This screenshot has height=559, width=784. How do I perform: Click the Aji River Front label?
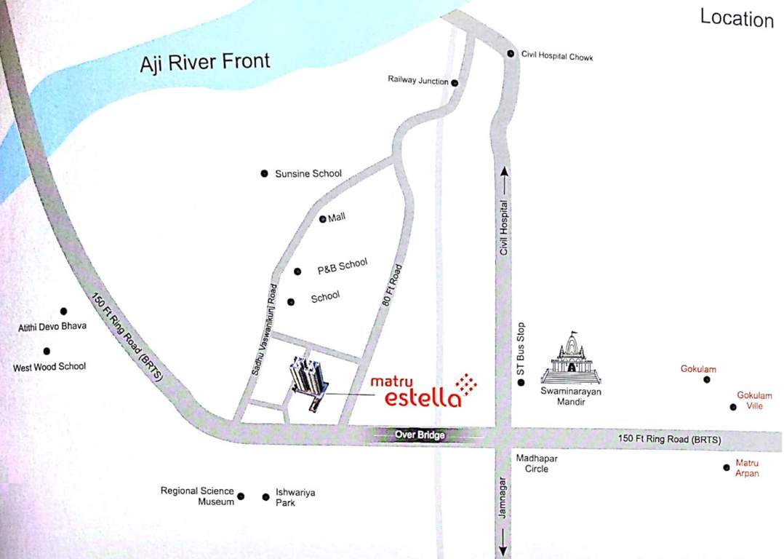point(205,62)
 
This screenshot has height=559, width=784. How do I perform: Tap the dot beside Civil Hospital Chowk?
point(511,54)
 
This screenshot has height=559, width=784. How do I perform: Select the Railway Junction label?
point(418,81)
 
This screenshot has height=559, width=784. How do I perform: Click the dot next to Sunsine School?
point(264,173)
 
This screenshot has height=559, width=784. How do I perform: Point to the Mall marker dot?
point(323,219)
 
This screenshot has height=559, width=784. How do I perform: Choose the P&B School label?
point(343,266)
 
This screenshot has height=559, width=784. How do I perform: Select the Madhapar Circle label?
point(532,464)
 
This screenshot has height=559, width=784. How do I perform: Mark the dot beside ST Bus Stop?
point(521,382)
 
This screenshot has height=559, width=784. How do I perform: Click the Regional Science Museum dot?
point(241,496)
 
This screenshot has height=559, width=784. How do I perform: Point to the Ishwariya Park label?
point(295,497)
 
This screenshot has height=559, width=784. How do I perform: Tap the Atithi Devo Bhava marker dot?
point(63,312)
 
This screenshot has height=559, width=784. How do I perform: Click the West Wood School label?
point(49,367)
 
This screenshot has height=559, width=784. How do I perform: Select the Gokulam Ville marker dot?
point(733,407)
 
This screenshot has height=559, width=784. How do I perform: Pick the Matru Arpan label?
point(747,468)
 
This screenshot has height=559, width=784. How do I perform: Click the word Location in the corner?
point(736,18)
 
